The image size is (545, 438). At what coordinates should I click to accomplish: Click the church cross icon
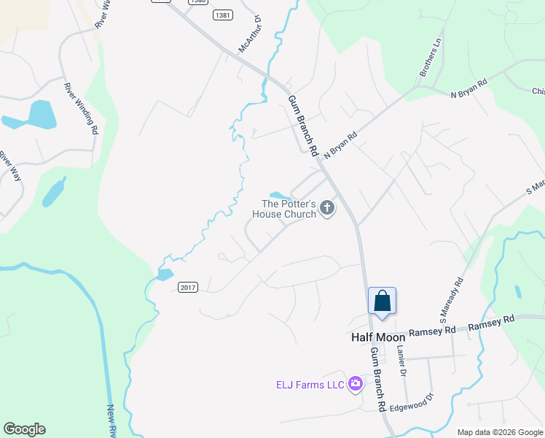coord(327,209)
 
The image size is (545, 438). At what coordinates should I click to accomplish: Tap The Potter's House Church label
coord(284,209)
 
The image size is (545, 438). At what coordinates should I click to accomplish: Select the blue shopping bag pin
coord(382,301)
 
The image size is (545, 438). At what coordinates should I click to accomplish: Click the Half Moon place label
coord(378,337)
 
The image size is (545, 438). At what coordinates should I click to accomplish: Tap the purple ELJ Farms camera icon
coord(356,384)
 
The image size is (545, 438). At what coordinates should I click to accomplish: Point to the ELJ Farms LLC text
coord(310,385)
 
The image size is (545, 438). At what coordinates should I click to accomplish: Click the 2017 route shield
coord(188,288)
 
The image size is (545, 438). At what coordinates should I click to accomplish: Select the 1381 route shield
coord(223,15)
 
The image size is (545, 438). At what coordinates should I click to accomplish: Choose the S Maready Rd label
coord(451,300)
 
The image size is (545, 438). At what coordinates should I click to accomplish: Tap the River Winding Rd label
coord(81,109)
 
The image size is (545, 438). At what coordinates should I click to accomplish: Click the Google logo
coord(24,429)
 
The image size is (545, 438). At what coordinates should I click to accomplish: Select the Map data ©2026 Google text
coord(499,432)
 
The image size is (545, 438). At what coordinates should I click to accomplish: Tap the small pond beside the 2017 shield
coord(165,275)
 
